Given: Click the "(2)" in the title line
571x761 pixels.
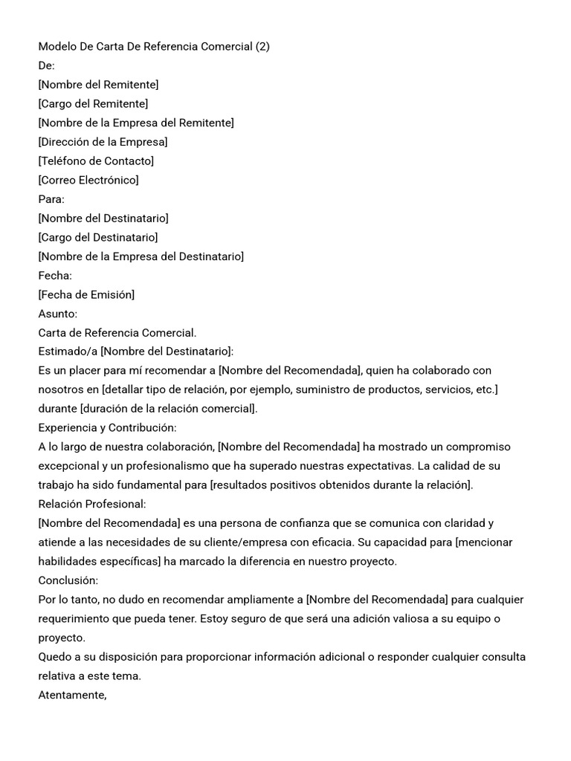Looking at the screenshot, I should (x=262, y=46).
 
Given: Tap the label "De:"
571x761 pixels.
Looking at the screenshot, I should (x=46, y=65).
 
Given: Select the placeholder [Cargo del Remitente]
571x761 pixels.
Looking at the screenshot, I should (x=93, y=103).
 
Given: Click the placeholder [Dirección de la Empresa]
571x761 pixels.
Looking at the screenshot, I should (x=103, y=141).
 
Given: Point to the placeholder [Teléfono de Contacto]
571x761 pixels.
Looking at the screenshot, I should (x=96, y=161).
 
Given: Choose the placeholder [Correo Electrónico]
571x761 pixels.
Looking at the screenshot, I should (x=88, y=180).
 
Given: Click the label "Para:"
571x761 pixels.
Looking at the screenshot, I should (x=51, y=199).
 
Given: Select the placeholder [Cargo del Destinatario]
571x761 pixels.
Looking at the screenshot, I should (x=98, y=237).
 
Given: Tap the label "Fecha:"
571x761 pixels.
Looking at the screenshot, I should (x=55, y=276).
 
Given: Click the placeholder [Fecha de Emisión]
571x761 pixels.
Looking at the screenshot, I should (x=86, y=294).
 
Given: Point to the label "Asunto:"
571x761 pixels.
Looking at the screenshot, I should (x=57, y=314).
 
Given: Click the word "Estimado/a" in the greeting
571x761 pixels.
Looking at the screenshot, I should (x=68, y=351).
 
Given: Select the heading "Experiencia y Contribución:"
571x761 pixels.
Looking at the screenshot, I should (x=107, y=427).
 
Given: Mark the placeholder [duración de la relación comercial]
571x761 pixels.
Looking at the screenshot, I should (x=168, y=408).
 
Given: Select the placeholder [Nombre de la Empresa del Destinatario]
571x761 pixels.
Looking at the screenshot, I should (x=141, y=256).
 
